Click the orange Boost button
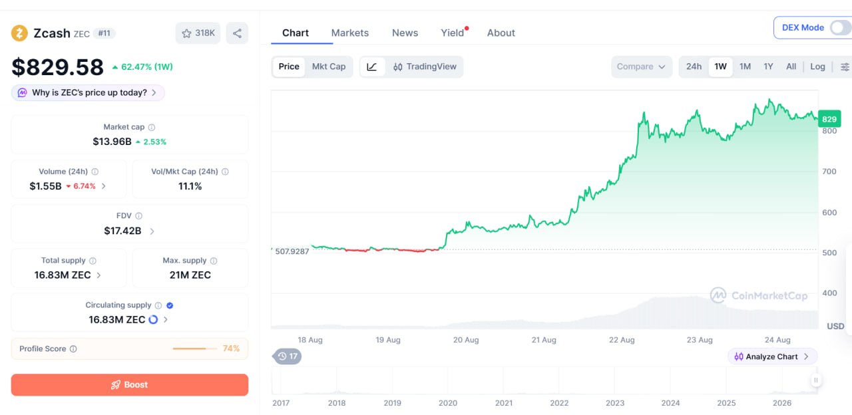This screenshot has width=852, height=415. (x=130, y=384)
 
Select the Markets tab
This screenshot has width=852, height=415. (x=350, y=33)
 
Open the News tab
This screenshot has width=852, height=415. (x=405, y=33)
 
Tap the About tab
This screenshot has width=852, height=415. (x=501, y=33)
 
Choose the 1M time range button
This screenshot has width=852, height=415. (x=745, y=67)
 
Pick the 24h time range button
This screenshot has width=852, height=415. (x=694, y=67)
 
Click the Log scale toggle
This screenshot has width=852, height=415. (x=817, y=67)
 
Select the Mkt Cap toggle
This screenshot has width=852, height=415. (x=329, y=67)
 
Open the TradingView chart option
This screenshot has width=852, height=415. (x=425, y=67)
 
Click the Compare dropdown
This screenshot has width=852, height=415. (x=641, y=67)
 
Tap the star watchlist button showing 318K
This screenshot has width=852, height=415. (x=198, y=33)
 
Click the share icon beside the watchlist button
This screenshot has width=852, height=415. (x=237, y=33)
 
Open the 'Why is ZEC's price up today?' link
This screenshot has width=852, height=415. (x=89, y=92)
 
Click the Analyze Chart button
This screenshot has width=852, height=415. (x=772, y=356)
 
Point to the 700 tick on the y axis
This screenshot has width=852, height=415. (x=829, y=172)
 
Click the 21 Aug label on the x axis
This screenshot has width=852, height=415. (x=544, y=340)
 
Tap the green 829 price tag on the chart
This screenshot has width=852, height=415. (x=829, y=119)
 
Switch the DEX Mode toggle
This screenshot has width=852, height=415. (x=840, y=28)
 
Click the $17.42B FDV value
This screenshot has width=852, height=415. (x=122, y=231)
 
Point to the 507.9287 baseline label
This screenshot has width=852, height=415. (x=292, y=251)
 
